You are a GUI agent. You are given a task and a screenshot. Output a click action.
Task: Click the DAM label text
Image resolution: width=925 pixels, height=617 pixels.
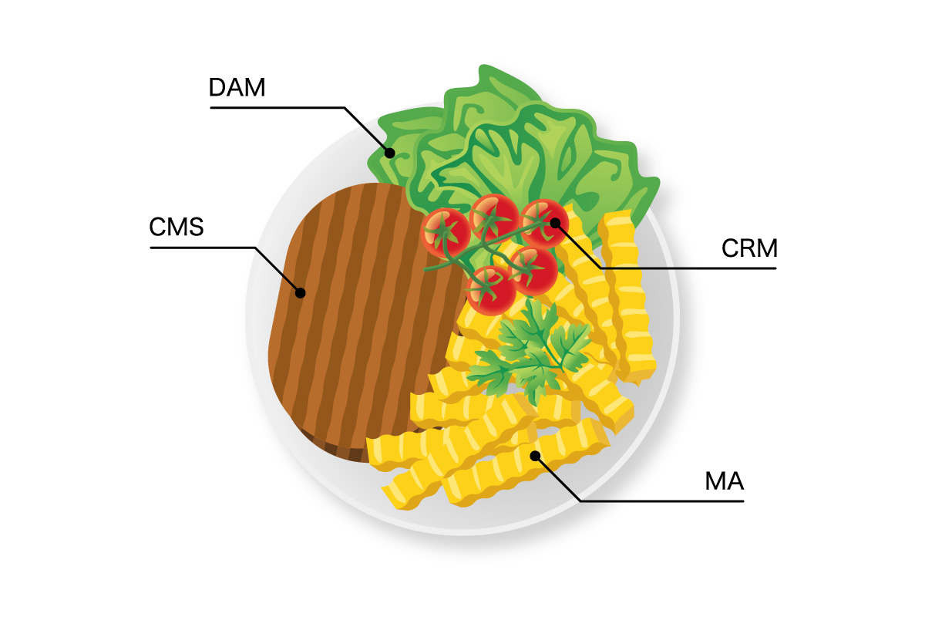237,87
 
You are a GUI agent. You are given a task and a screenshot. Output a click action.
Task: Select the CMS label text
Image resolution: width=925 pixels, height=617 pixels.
177,228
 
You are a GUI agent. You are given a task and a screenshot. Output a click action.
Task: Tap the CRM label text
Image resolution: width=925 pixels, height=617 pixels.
749,248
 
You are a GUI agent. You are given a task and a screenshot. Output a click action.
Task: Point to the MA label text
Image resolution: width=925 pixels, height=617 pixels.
724,482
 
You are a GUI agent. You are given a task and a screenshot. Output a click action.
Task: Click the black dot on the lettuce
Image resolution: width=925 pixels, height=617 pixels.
390,153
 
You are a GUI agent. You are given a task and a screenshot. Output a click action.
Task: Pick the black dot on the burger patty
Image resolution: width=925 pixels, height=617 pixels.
301,292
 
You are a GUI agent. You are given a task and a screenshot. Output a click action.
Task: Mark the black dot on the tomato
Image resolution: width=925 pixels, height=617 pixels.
555,223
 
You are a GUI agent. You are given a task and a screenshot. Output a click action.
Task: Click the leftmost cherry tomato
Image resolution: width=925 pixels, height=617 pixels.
445,231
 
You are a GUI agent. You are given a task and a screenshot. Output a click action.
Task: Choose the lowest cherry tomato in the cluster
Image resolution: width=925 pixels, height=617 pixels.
491,289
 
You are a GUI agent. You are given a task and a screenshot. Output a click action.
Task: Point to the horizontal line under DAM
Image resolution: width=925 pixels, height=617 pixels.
277,107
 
